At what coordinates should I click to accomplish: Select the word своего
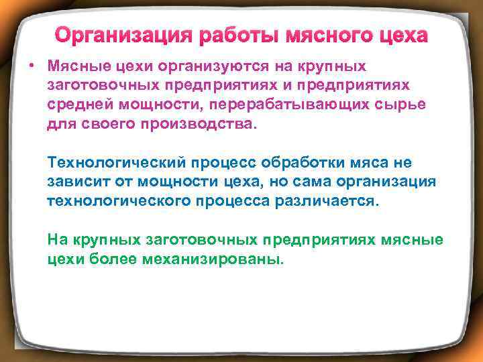pyautogui.click(x=100, y=125)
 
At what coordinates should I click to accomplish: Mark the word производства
pyautogui.click(x=194, y=125)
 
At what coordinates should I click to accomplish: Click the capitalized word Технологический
pyautogui.click(x=118, y=163)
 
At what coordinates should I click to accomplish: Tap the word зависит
pyautogui.click(x=74, y=182)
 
